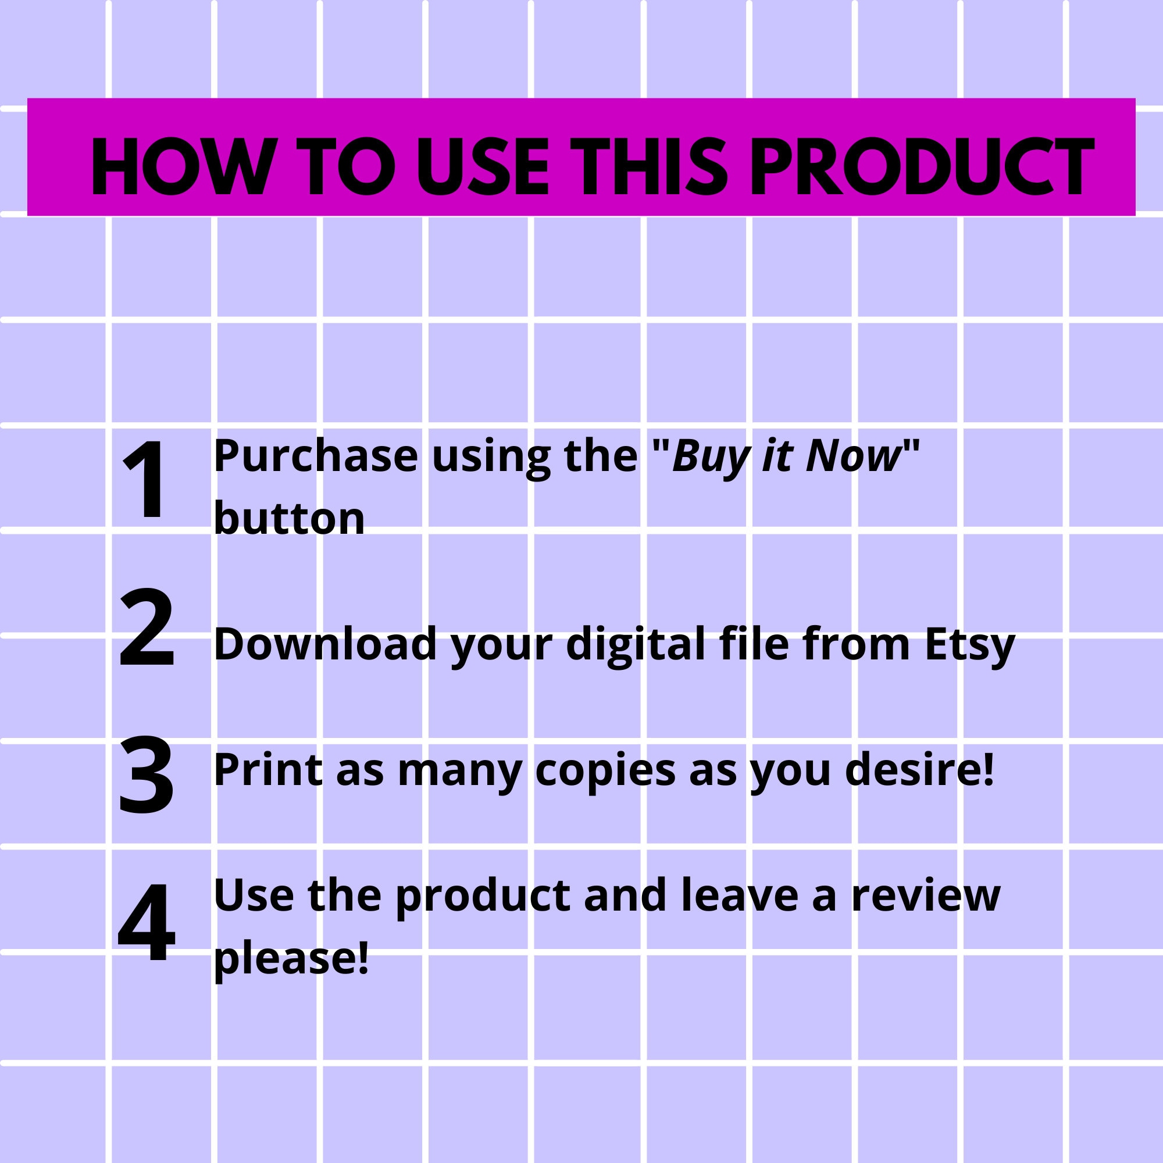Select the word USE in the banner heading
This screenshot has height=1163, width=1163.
tap(483, 167)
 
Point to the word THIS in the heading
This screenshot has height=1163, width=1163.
tap(649, 167)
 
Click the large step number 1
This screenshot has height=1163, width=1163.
tap(147, 479)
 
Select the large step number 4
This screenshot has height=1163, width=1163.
tap(147, 922)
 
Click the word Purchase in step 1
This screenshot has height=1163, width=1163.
tap(315, 458)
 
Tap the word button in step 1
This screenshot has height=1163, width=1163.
tap(290, 518)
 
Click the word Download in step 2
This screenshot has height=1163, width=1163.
tap(325, 645)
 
